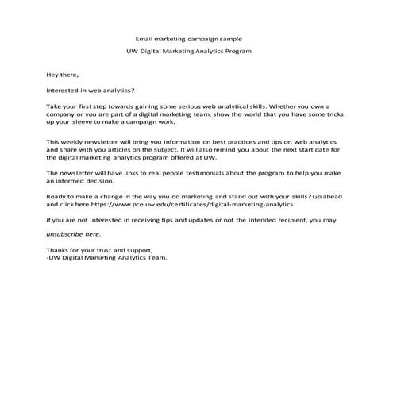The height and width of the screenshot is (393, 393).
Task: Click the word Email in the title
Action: (144, 37)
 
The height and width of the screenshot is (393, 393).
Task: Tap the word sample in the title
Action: (230, 37)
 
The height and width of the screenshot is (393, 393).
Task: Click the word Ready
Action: (57, 195)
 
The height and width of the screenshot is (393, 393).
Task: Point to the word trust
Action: (115, 250)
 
